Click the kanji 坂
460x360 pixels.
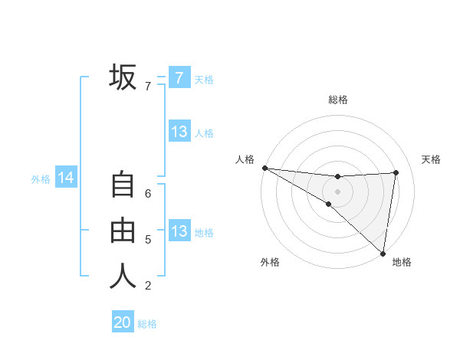tap(123, 77)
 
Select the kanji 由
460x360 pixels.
tap(123, 231)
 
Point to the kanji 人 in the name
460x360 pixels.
tap(123, 277)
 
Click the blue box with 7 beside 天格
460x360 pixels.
tap(179, 78)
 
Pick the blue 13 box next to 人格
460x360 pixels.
tap(179, 132)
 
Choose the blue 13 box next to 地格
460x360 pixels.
tap(179, 231)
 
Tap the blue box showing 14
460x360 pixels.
tap(66, 178)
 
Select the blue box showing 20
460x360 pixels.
tap(123, 322)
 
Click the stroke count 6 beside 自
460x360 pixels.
tap(148, 194)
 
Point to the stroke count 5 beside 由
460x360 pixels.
tap(148, 240)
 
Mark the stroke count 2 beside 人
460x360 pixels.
tap(148, 286)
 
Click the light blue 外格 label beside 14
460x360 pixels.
tap(41, 179)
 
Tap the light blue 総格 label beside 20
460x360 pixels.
tap(147, 324)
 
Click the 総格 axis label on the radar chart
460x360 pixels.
tap(337, 100)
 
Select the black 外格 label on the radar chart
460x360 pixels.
tap(270, 262)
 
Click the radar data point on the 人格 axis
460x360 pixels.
tap(264, 168)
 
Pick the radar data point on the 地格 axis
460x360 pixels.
tap(383, 253)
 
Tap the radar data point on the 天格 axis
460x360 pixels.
tap(396, 172)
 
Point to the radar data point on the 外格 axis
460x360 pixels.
tap(328, 204)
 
